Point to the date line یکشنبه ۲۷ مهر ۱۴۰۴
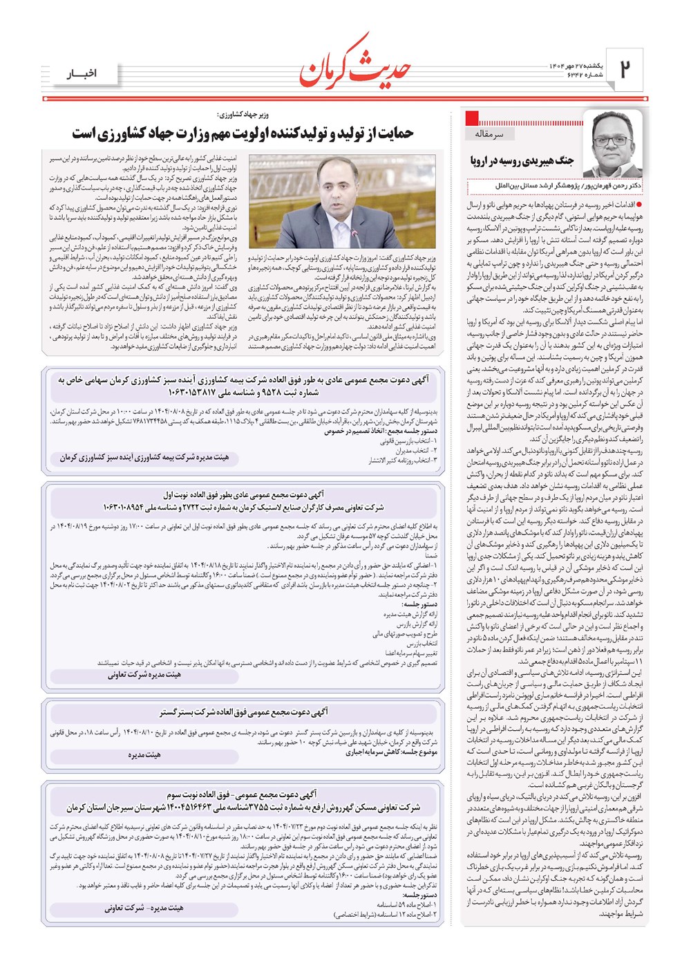click(x=576, y=66)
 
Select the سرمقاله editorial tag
click(x=489, y=133)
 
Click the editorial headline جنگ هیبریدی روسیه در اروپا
click(x=522, y=161)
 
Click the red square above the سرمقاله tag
click(x=473, y=117)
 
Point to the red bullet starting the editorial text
click(x=639, y=205)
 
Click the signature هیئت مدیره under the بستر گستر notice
click(x=144, y=755)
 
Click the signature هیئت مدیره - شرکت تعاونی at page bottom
click(x=144, y=908)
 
